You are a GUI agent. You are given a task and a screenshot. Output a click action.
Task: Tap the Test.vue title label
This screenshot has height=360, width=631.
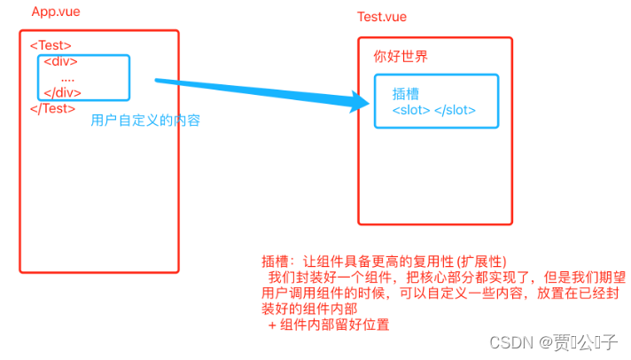pyautogui.click(x=383, y=18)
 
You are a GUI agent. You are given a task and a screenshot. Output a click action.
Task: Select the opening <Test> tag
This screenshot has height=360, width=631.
pyautogui.click(x=51, y=45)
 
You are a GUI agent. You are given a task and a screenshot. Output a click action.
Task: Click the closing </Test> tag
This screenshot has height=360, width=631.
pyautogui.click(x=52, y=108)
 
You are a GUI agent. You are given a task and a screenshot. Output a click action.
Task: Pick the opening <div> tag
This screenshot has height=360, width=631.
pyautogui.click(x=60, y=62)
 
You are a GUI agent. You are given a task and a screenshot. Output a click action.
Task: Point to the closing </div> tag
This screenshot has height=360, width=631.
pyautogui.click(x=63, y=92)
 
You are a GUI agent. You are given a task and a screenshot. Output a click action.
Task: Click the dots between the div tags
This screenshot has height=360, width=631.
pyautogui.click(x=67, y=77)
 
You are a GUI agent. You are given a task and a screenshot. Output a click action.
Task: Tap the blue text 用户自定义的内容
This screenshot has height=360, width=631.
pyautogui.click(x=145, y=121)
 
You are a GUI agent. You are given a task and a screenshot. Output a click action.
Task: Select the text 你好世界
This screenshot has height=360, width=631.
pyautogui.click(x=401, y=58)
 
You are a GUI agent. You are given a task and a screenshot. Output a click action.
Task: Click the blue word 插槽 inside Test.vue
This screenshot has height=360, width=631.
pyautogui.click(x=405, y=94)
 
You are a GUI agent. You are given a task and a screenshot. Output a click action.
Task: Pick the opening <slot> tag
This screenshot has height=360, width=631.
pyautogui.click(x=411, y=111)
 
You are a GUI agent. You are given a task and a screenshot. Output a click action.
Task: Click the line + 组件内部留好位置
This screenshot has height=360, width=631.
pyautogui.click(x=329, y=325)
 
